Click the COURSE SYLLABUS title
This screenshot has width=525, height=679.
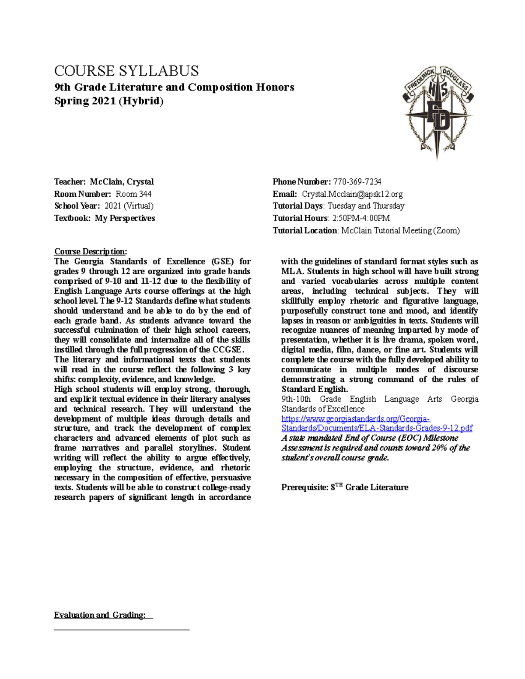point(126,71)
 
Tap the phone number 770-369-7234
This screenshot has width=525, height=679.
point(357,181)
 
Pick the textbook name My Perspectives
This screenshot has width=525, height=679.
point(125,218)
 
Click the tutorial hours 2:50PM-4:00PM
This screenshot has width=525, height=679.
point(360,218)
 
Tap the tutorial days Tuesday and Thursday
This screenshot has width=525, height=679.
point(366,206)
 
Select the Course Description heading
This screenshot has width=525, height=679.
point(90,251)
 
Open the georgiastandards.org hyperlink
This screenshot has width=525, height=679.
point(376,423)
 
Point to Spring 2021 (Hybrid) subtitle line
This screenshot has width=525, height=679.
point(108,101)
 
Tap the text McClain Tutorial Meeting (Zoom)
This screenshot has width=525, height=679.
point(400,230)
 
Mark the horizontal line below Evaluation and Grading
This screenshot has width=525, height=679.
point(121,630)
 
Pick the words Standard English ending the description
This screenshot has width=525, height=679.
point(314,389)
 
